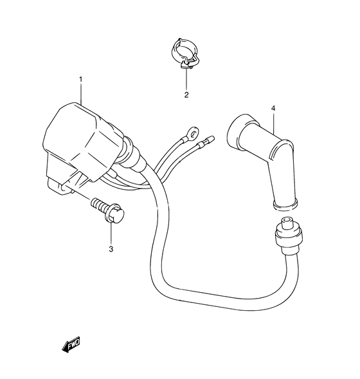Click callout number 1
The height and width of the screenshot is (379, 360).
tap(80, 79)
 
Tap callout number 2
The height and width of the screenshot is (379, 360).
tap(186, 95)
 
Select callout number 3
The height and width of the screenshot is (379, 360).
tap(111, 249)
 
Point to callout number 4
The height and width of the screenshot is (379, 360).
tap(273, 108)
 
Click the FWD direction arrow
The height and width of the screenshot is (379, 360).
tap(71, 344)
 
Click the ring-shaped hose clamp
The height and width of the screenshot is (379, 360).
tap(184, 53)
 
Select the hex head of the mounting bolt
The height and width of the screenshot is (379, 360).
tap(114, 214)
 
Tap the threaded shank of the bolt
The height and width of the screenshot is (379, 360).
tap(98, 204)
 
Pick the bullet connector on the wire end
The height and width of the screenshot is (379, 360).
tap(206, 142)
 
